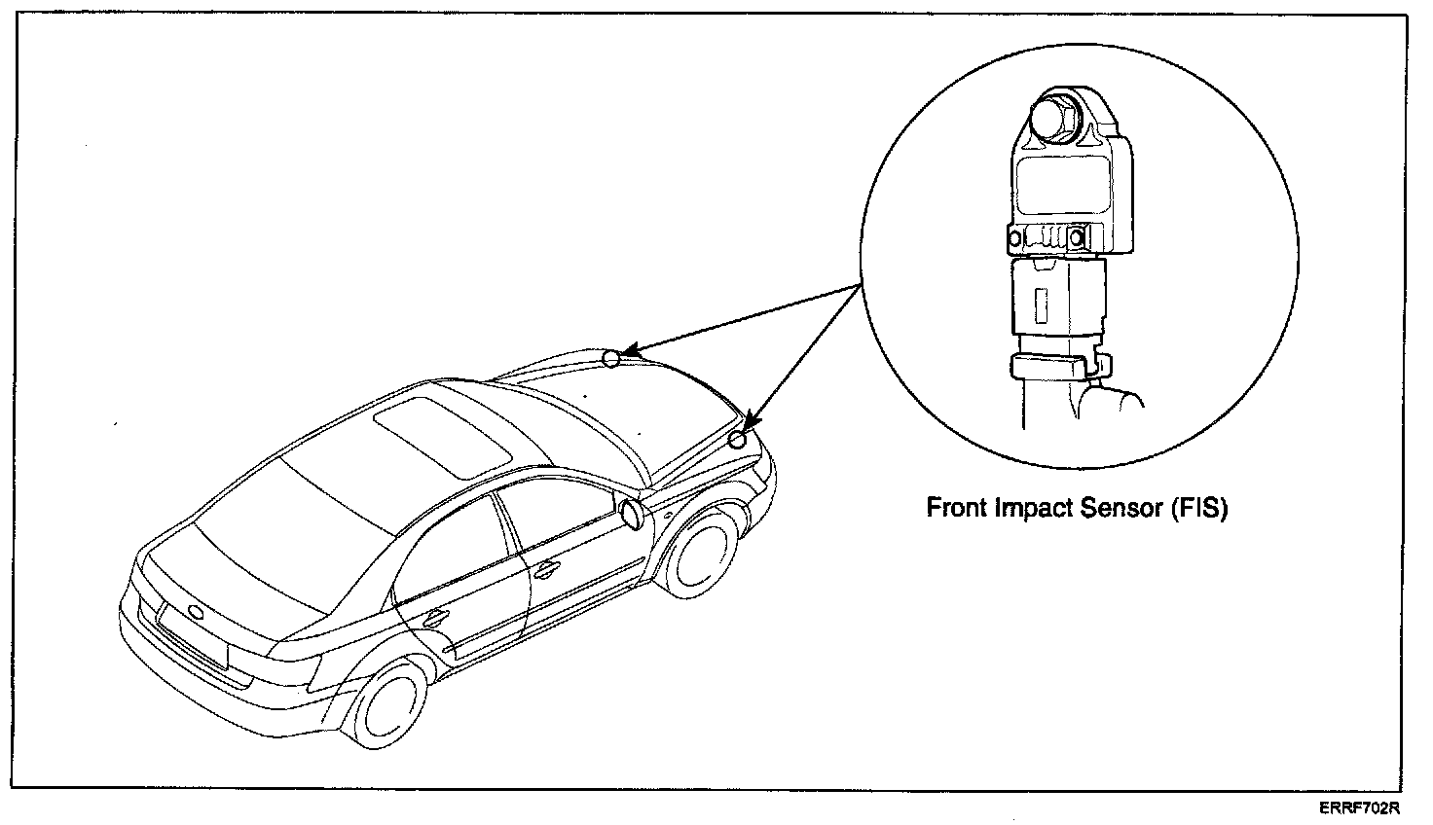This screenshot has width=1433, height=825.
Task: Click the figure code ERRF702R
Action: click(x=1360, y=808)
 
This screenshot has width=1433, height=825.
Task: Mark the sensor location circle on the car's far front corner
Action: click(x=610, y=358)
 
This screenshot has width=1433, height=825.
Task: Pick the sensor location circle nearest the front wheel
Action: click(x=738, y=440)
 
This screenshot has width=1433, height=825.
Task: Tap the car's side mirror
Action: click(x=632, y=514)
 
